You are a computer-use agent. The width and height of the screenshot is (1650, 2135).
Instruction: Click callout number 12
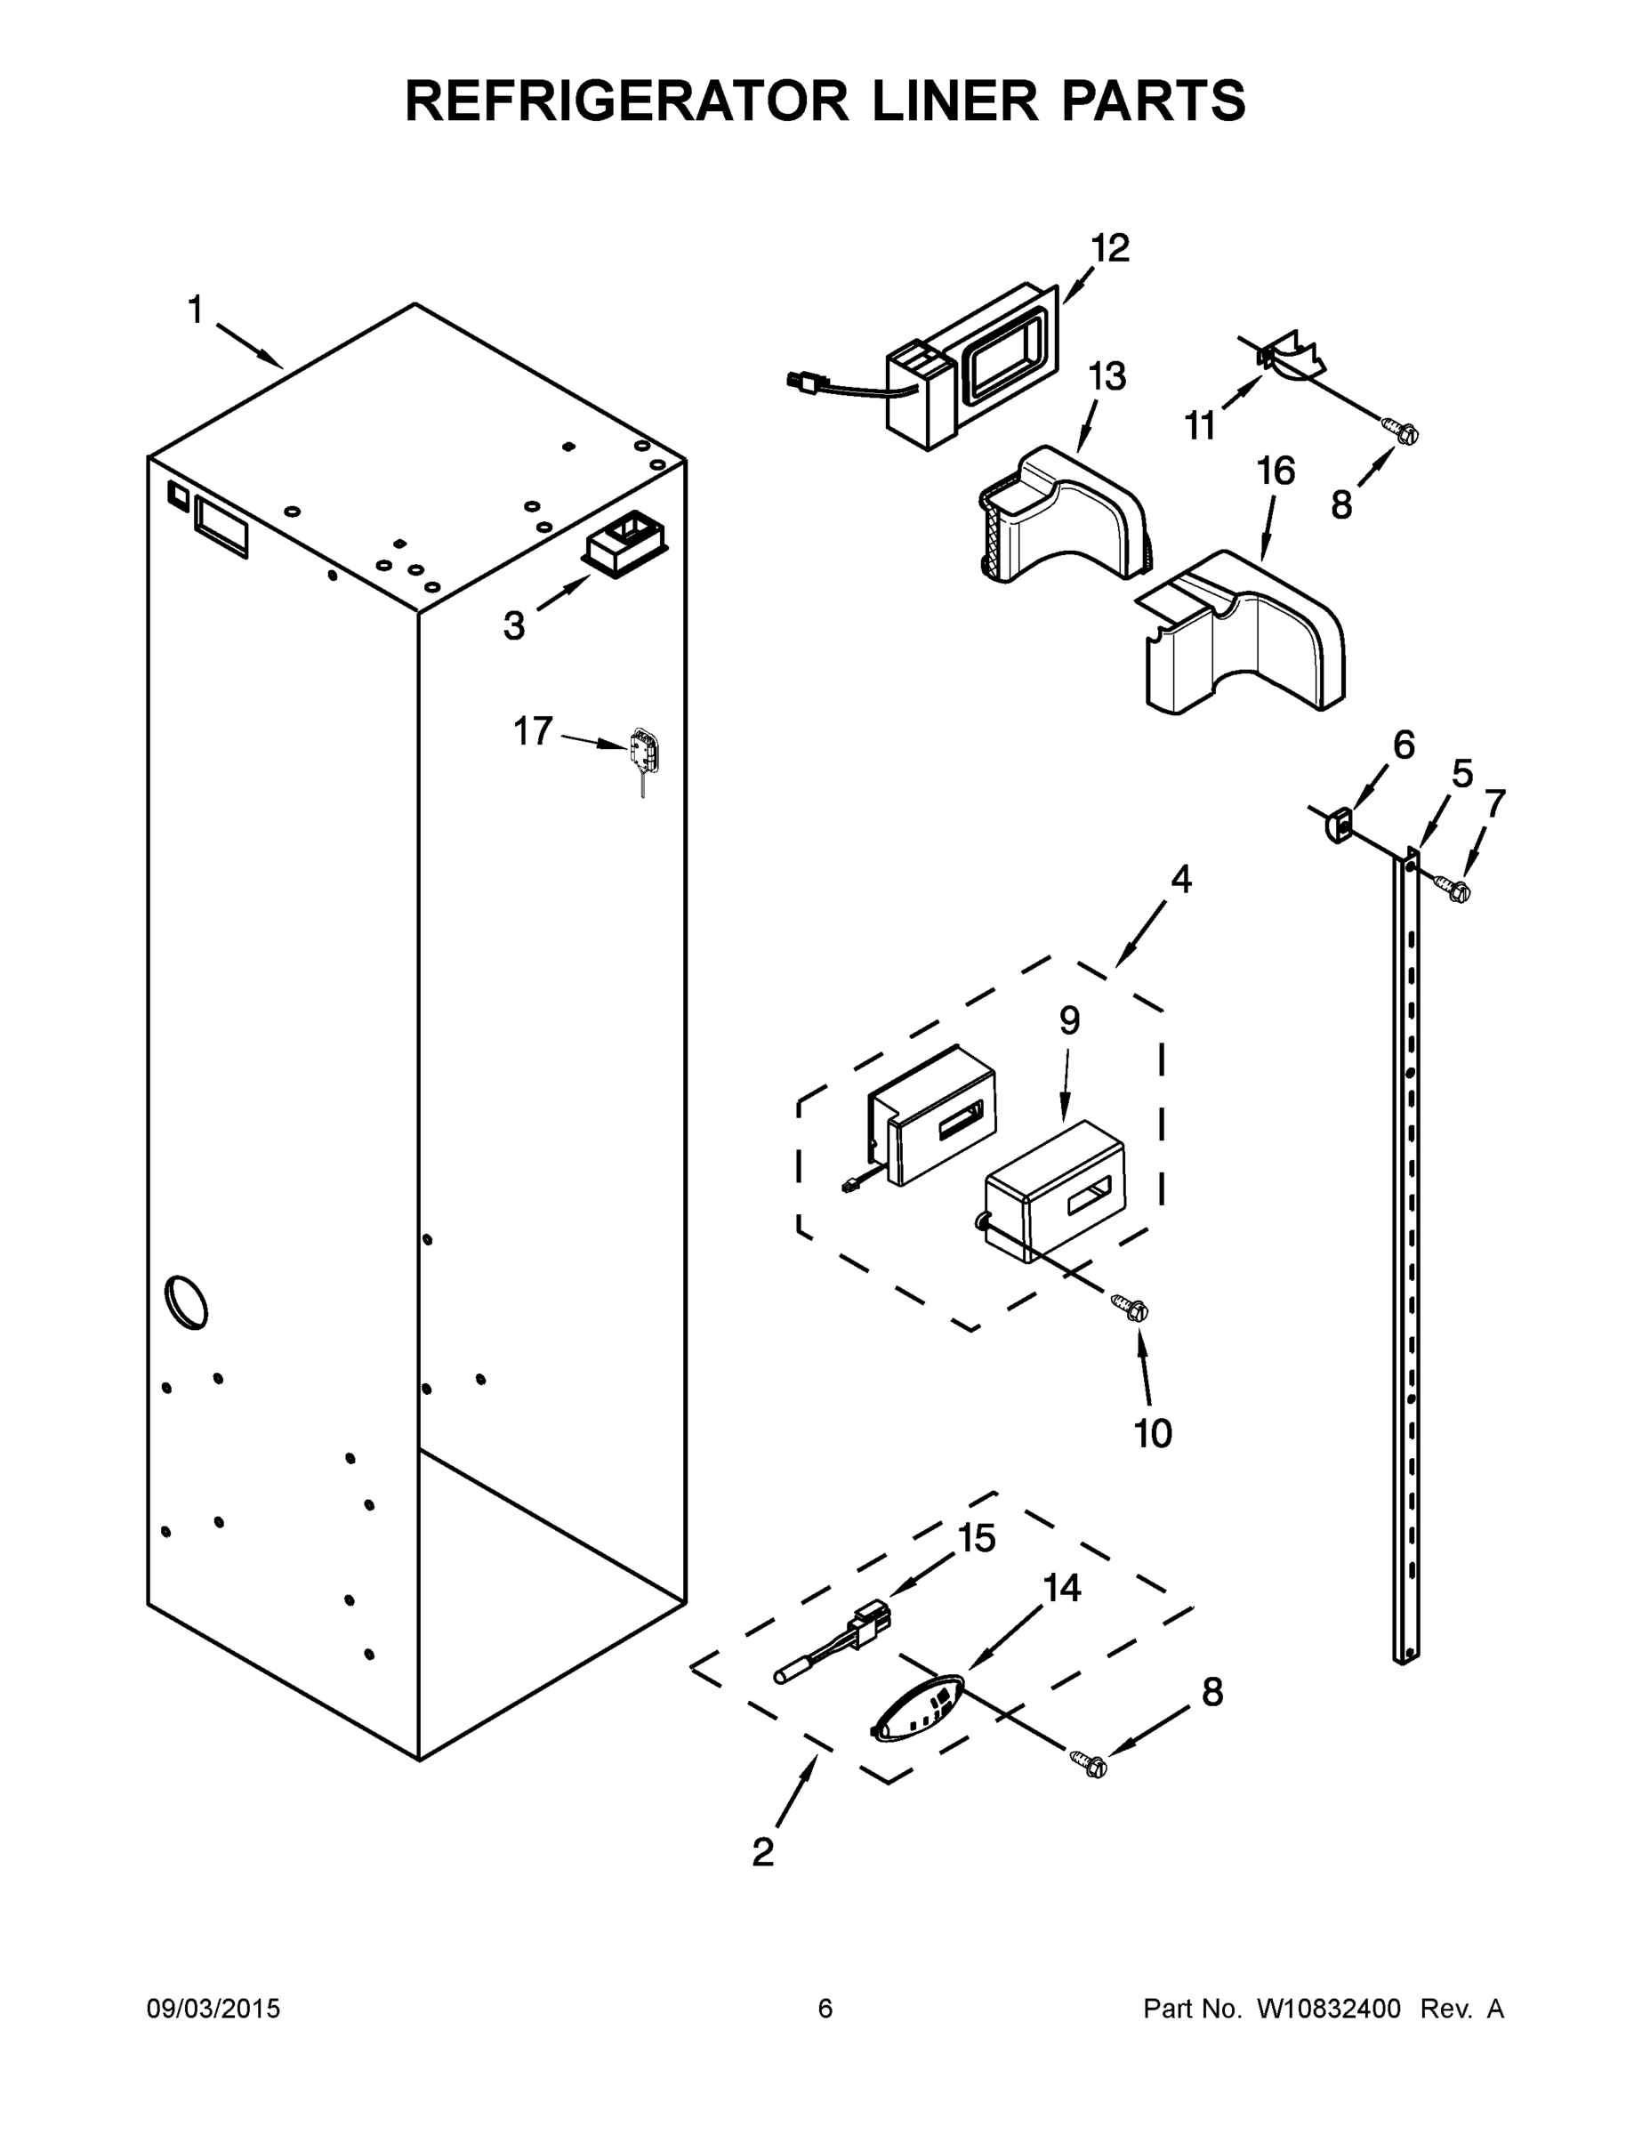coord(1109,249)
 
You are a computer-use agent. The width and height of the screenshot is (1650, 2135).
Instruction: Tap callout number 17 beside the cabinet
coord(534,730)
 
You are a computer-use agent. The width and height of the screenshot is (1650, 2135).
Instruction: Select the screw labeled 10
coord(1132,1307)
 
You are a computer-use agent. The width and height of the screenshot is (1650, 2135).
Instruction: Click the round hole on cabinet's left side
coord(186,1302)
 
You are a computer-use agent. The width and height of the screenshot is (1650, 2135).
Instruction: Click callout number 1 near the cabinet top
coord(196,310)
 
